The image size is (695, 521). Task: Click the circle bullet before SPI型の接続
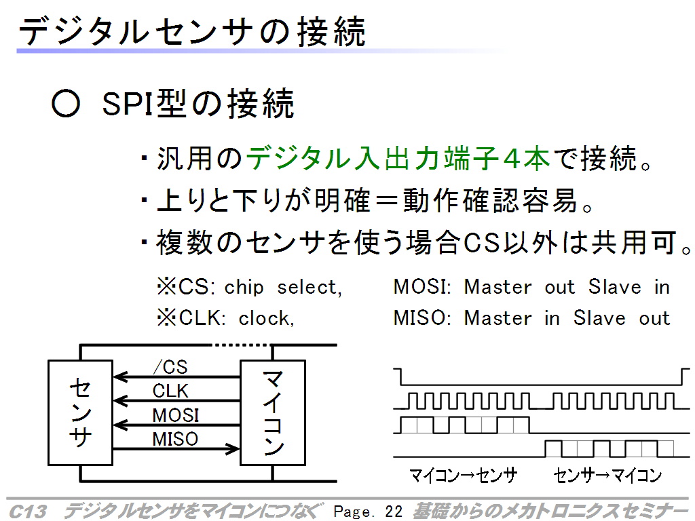(x=66, y=104)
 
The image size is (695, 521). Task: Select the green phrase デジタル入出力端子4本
(x=398, y=158)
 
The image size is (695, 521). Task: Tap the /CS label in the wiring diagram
(x=170, y=367)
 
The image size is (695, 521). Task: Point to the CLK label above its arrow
(x=170, y=391)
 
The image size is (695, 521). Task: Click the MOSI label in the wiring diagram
(x=176, y=415)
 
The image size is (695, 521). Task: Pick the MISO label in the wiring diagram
(x=175, y=439)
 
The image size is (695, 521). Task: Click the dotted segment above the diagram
(x=242, y=345)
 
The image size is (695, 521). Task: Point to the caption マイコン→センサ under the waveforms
(x=463, y=476)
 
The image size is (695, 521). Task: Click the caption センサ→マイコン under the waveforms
(x=607, y=476)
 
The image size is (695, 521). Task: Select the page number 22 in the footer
(x=394, y=512)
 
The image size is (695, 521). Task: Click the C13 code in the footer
(x=27, y=512)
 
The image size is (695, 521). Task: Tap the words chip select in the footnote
(x=283, y=288)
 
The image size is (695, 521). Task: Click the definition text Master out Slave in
(x=567, y=287)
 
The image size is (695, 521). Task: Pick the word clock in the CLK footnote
(x=266, y=318)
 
